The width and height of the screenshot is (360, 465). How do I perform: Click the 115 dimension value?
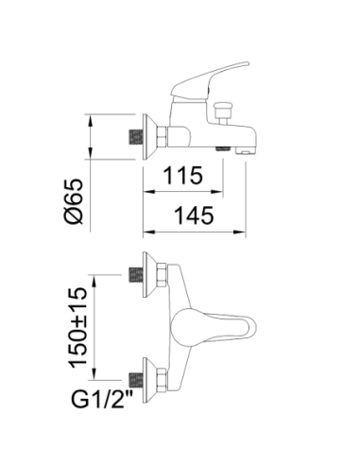pyautogui.click(x=183, y=175)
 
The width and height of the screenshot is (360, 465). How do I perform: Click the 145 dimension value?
pyautogui.click(x=194, y=215)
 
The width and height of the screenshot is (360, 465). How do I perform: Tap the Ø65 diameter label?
pyautogui.click(x=74, y=201)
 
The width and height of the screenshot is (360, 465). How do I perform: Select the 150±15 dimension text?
pyautogui.click(x=77, y=328)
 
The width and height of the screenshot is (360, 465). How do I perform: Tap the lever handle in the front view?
pyautogui.click(x=214, y=327)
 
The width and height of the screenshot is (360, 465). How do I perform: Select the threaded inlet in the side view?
pyautogui.click(x=136, y=137)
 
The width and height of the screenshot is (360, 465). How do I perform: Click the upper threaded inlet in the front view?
pyautogui.click(x=136, y=275)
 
